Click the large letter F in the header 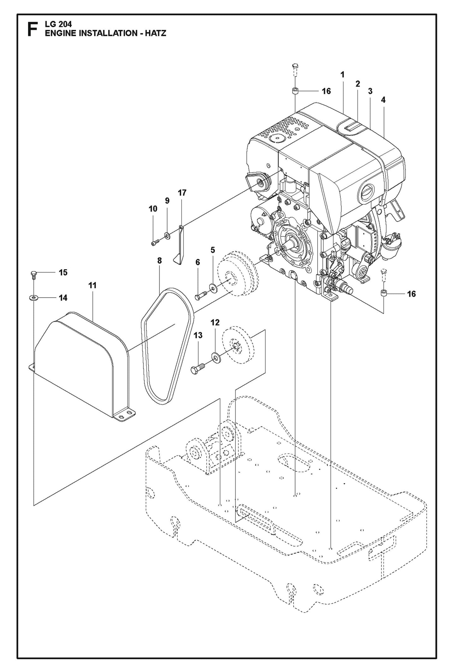(32, 29)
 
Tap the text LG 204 (58, 24)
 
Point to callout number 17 (182, 193)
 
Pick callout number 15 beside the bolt (63, 272)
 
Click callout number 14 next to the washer (63, 298)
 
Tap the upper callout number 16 (326, 91)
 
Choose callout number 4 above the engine (383, 100)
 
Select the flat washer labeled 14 (33, 297)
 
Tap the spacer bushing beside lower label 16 (383, 294)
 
